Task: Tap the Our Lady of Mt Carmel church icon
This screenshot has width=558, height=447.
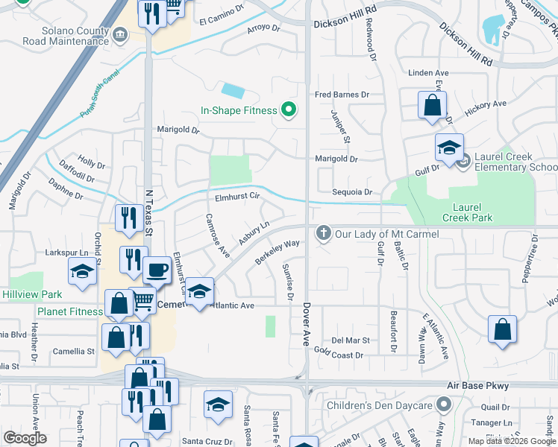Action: click(x=324, y=234)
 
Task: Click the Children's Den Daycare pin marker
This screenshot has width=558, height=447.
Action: click(x=444, y=405)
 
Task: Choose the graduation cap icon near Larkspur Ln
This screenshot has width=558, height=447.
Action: click(x=82, y=272)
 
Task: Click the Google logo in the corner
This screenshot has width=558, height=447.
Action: click(x=25, y=438)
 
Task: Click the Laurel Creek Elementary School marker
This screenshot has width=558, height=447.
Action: click(x=463, y=160)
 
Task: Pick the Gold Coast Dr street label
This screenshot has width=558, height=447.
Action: click(x=339, y=355)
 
